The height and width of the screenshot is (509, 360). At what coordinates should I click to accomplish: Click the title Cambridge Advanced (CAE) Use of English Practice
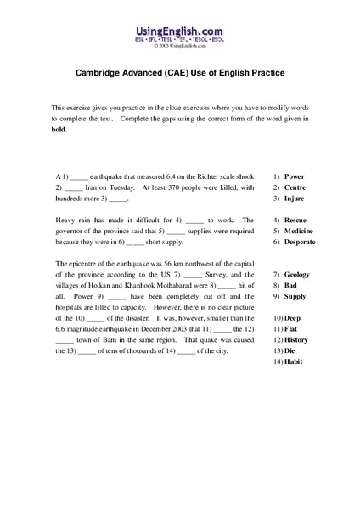180,75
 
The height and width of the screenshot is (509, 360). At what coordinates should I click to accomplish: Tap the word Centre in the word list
296,186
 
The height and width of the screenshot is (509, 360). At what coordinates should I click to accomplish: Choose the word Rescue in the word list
296,219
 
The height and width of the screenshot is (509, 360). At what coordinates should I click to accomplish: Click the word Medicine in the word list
300,231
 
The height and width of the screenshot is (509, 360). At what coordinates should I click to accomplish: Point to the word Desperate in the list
302,242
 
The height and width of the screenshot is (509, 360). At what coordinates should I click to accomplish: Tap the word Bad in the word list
291,287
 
